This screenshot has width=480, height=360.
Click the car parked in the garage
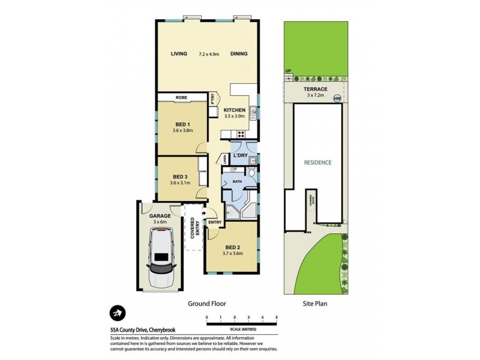[161, 254]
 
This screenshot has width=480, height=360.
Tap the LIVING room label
[179, 53]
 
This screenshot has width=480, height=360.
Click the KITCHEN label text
[233, 111]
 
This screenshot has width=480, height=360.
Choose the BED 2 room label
[233, 247]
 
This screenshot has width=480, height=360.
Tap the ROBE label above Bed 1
[181, 97]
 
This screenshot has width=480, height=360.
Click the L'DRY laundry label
[241, 155]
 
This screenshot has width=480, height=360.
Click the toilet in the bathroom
[252, 174]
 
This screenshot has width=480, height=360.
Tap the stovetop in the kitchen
[242, 134]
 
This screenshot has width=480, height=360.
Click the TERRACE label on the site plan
[315, 88]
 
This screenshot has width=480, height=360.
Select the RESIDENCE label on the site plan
[317, 163]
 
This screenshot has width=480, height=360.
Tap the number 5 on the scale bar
[277, 316]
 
